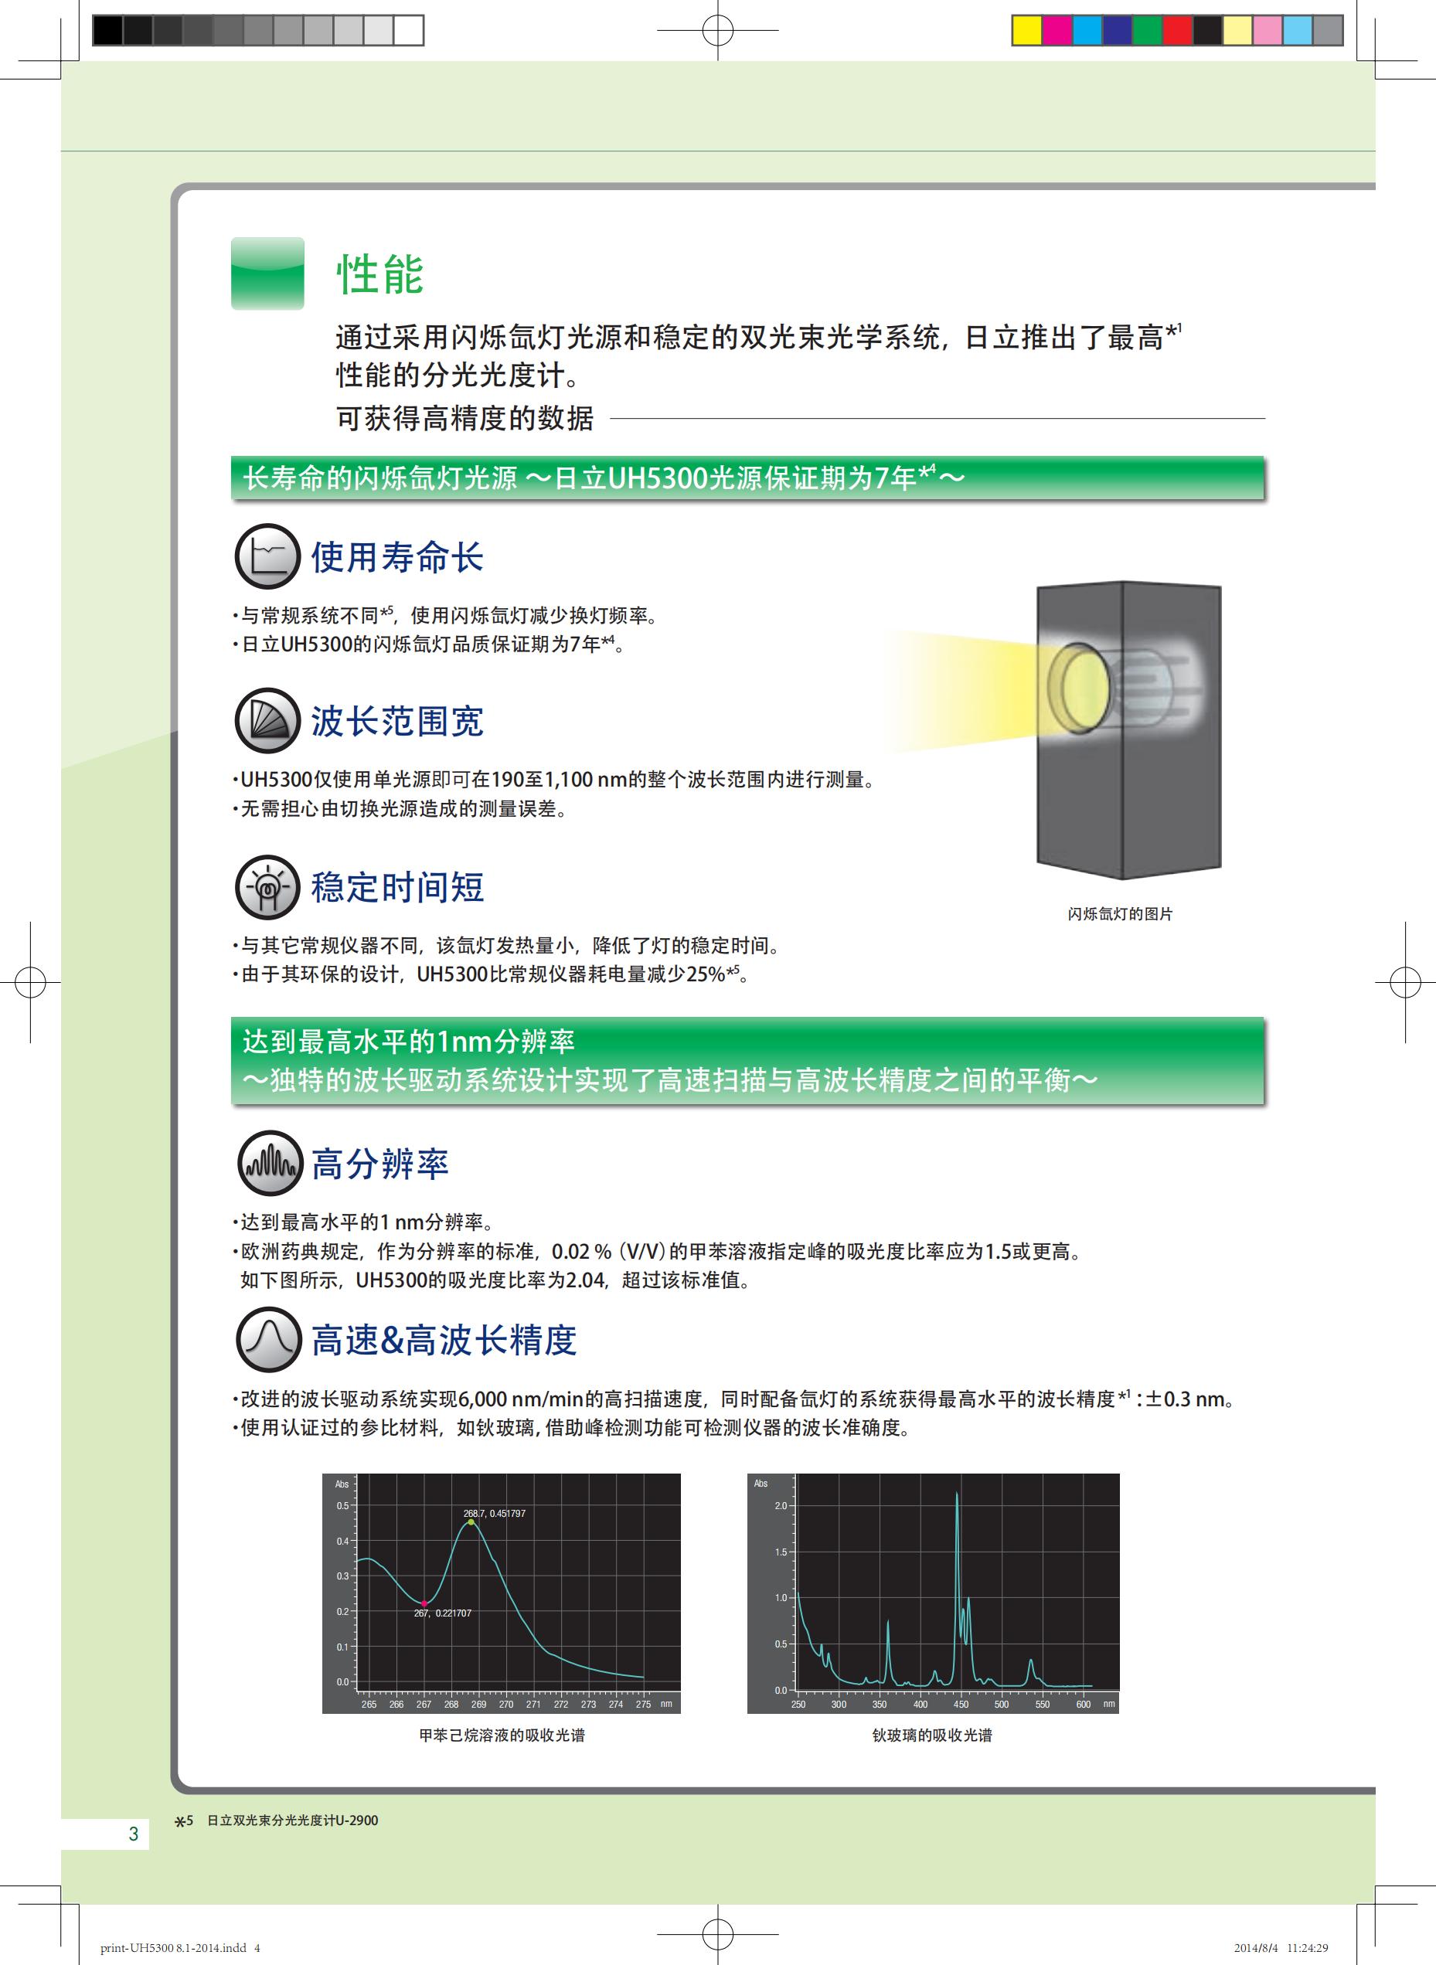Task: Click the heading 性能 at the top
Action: (x=379, y=274)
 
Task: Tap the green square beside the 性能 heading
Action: (x=267, y=274)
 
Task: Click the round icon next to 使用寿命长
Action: (x=267, y=556)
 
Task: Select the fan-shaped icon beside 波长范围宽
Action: (x=267, y=720)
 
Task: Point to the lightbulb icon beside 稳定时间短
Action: (x=267, y=886)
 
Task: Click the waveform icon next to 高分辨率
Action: (x=271, y=1164)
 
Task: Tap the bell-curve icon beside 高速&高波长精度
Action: (x=269, y=1339)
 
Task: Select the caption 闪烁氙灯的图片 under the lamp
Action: (x=1120, y=914)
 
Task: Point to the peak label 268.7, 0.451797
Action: (x=495, y=1513)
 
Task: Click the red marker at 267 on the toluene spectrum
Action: (x=424, y=1603)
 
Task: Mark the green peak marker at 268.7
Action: (x=471, y=1521)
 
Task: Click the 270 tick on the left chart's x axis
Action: (x=506, y=1705)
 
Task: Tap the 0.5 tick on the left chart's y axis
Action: (x=342, y=1506)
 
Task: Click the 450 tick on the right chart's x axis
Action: (x=961, y=1705)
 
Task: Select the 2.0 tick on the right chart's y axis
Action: (x=780, y=1506)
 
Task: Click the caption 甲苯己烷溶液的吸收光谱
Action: (x=502, y=1736)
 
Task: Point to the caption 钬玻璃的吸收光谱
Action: (x=932, y=1736)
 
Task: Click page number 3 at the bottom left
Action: (x=133, y=1834)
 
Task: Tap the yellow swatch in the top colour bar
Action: (x=1027, y=30)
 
